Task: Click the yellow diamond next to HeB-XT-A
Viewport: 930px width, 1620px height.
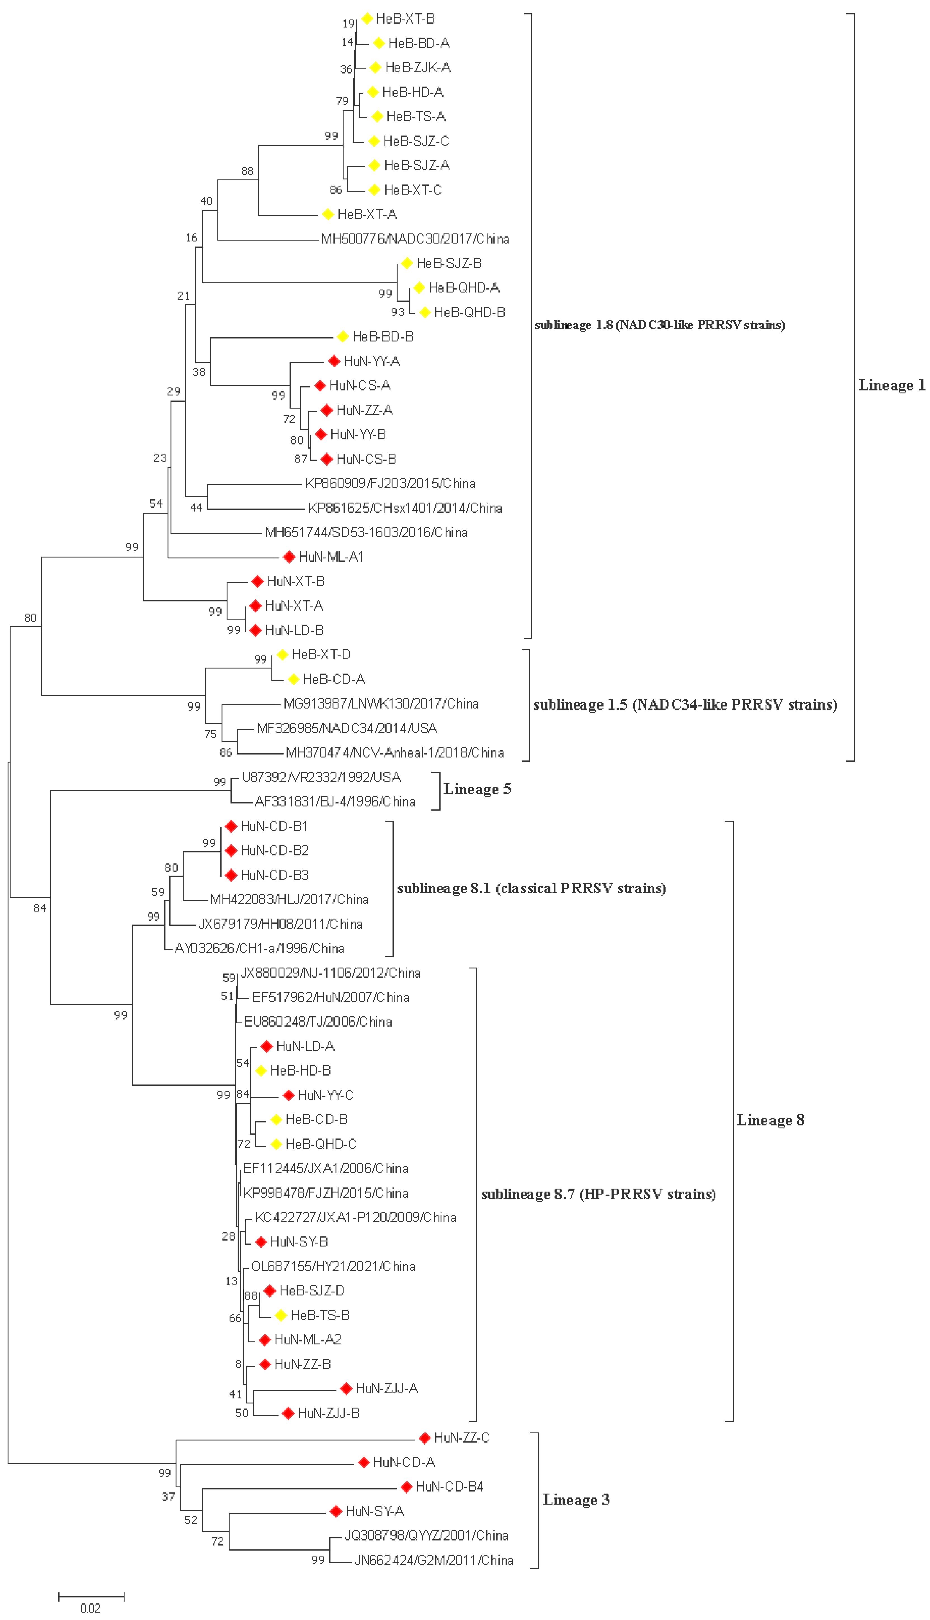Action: [x=328, y=214]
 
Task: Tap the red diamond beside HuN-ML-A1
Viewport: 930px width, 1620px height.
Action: [x=289, y=557]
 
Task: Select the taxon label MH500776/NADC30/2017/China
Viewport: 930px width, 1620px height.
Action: [x=415, y=239]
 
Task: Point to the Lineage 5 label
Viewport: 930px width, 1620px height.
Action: [x=477, y=790]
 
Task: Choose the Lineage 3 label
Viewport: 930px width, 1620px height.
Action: [x=576, y=1500]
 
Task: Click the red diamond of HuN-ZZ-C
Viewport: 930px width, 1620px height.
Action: [x=425, y=1438]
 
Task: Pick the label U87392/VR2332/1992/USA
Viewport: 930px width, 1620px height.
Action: [x=321, y=778]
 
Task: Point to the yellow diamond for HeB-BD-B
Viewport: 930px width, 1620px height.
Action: [x=342, y=337]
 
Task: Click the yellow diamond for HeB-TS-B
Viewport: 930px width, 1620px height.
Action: [x=281, y=1315]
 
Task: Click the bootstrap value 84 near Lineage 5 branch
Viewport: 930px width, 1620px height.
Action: [x=40, y=908]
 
